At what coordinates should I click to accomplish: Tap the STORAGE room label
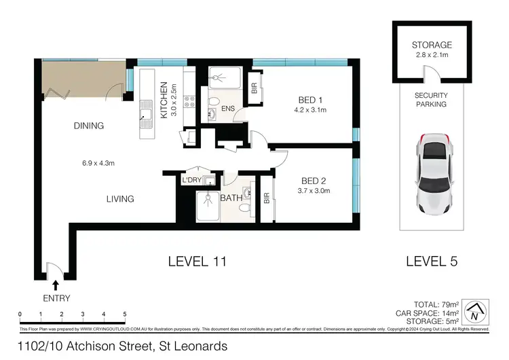coord(431,46)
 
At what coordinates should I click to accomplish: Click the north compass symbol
coord(479,311)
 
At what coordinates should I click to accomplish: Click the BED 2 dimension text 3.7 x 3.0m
coord(315,191)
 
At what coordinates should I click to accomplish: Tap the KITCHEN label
coord(164,100)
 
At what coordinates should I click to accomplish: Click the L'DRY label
coord(191,180)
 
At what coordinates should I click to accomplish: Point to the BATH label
coord(231,198)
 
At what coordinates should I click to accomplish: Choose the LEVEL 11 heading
coord(196,261)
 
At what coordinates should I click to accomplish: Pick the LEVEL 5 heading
coord(432,261)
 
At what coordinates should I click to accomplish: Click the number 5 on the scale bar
coord(124,314)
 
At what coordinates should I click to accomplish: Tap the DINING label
coord(90,126)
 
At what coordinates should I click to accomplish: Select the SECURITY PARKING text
coord(431,100)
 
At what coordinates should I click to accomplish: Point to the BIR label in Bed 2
coord(267,198)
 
